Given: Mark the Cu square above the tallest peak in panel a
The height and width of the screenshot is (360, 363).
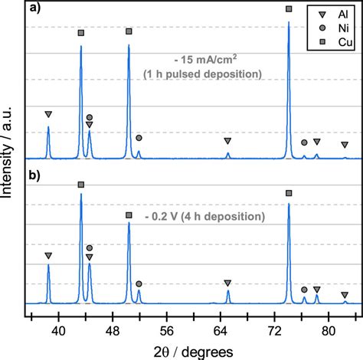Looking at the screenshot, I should (288, 8).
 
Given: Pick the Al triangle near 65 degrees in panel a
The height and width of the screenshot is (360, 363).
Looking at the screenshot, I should (227, 141).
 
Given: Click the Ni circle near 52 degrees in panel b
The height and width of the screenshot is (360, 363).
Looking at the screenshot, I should (139, 283).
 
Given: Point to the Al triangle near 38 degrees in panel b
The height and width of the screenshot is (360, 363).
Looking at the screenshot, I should (48, 255).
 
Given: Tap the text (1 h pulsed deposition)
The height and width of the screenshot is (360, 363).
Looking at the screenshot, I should (203, 74).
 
